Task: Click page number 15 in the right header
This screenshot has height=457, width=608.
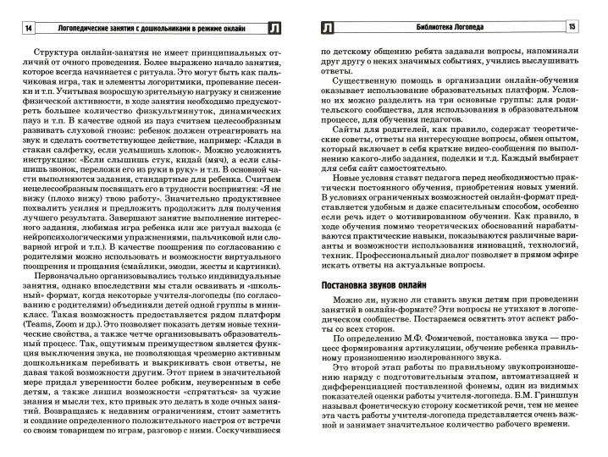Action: point(595,30)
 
